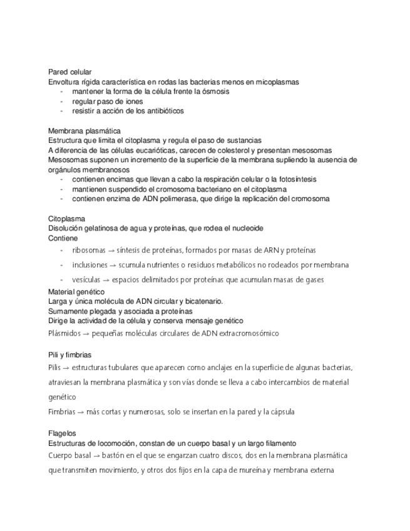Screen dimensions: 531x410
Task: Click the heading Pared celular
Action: point(69,72)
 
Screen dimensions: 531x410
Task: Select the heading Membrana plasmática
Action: point(84,131)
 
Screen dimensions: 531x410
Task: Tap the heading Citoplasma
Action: point(66,219)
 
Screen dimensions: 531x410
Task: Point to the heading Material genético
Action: point(76,292)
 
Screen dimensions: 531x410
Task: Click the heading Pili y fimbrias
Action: point(70,354)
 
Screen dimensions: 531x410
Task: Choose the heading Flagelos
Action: point(62,433)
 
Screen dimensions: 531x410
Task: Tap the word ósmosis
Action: point(214,91)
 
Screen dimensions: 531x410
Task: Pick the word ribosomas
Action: point(89,250)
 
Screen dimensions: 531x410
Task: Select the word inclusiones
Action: point(90,265)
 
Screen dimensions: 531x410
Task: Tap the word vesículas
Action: point(86,280)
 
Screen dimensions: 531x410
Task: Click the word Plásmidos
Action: point(64,333)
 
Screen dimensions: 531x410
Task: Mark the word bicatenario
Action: point(201,301)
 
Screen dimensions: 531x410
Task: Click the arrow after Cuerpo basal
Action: point(94,456)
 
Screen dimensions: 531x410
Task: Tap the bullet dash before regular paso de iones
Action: point(62,101)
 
